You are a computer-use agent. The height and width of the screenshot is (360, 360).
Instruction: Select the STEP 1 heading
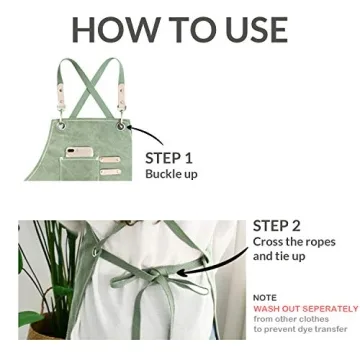tap(169, 157)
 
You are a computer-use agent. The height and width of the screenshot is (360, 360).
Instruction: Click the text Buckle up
tap(171, 174)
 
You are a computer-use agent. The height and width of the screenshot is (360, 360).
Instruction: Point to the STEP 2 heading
tap(277, 225)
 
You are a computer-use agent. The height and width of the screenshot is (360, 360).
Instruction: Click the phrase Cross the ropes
tap(294, 242)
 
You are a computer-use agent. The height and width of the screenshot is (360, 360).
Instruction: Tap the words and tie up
tap(279, 256)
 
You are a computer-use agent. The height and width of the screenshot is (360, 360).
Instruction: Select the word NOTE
tap(265, 297)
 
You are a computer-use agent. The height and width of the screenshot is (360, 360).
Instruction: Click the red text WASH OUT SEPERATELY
tap(305, 308)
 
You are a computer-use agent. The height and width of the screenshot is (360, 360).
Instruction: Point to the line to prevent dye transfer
tap(300, 329)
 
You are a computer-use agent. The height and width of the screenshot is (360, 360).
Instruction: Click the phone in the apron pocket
tap(80, 152)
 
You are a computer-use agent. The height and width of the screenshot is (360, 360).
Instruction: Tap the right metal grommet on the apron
tap(122, 126)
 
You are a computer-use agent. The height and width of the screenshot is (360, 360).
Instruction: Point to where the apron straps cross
tap(91, 80)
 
